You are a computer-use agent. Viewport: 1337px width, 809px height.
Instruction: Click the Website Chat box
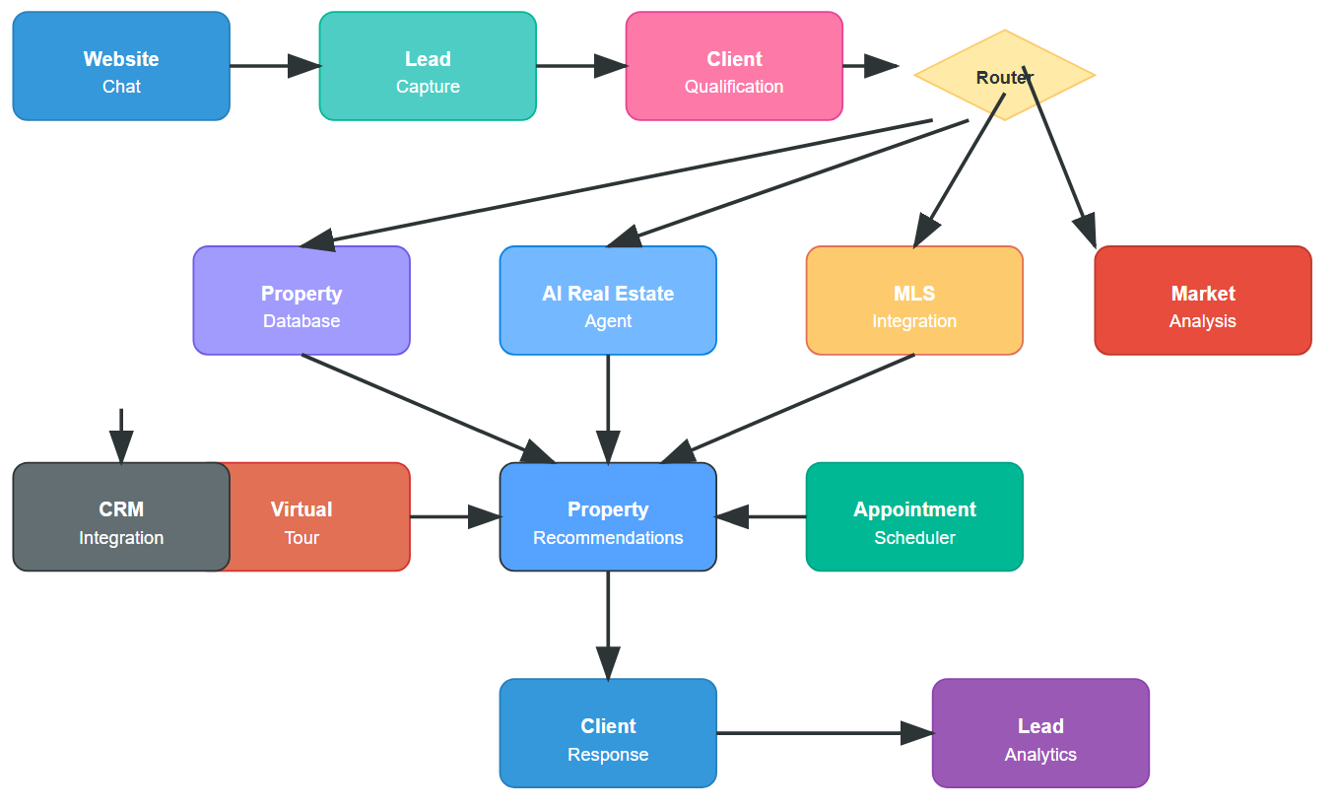(121, 66)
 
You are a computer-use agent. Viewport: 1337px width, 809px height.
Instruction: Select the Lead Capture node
(428, 66)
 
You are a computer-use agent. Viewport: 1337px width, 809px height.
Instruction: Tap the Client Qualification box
(734, 66)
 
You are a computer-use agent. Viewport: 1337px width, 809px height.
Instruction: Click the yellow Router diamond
(1004, 75)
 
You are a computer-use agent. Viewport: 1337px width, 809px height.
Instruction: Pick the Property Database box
(301, 301)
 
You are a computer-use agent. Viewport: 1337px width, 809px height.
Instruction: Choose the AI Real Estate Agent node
(608, 301)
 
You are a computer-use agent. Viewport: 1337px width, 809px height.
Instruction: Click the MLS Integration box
(914, 301)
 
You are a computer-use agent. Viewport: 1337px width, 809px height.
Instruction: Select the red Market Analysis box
(1203, 301)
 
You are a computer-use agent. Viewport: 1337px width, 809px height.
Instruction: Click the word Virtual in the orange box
(301, 509)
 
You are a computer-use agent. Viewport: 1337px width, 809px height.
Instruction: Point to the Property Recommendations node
(608, 516)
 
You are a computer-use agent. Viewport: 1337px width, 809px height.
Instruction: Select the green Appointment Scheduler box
(914, 516)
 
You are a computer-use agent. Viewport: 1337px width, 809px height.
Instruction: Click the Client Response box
(608, 733)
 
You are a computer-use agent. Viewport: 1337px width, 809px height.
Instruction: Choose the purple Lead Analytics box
(1040, 733)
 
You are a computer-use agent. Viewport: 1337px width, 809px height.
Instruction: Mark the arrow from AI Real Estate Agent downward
(608, 408)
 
